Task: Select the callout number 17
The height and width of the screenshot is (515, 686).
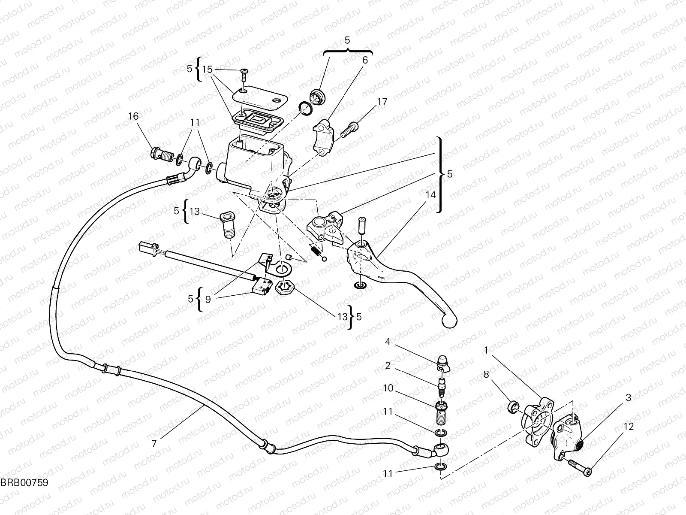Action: click(x=382, y=102)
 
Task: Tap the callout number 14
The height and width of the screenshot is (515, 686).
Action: click(x=430, y=195)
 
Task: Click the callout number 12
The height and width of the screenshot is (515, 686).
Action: click(x=629, y=427)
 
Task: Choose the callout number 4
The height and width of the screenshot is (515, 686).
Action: click(x=388, y=342)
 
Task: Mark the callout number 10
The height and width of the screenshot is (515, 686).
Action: click(x=388, y=388)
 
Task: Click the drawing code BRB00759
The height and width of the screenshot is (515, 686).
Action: click(x=24, y=482)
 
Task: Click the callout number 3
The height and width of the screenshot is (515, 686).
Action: click(x=629, y=398)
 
